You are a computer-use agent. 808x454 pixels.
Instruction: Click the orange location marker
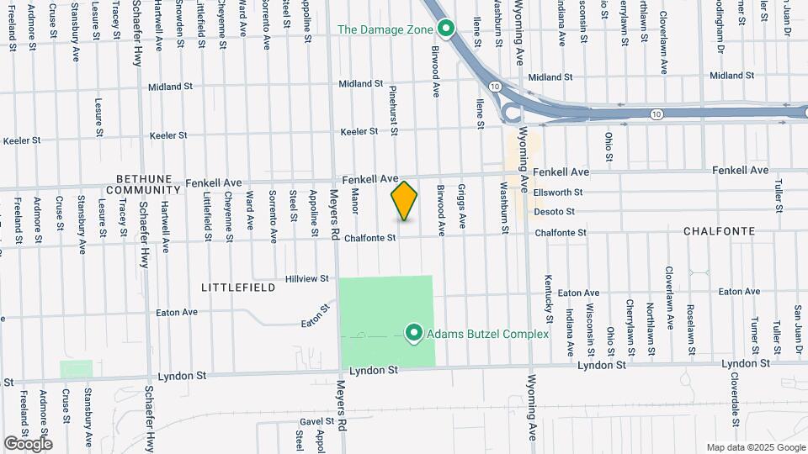tap(404, 201)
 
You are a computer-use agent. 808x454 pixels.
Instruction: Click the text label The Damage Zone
tap(385, 29)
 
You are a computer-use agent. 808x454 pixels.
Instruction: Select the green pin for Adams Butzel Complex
tap(414, 334)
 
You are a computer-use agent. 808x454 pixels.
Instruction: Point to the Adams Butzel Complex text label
tap(487, 334)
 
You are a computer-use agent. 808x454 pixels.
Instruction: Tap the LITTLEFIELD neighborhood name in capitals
tap(238, 288)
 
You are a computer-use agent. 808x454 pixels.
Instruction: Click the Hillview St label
tap(307, 278)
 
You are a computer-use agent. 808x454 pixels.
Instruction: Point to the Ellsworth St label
tap(559, 193)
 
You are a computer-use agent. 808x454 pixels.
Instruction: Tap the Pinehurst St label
tap(393, 108)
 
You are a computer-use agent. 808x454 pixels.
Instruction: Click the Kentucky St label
tap(548, 298)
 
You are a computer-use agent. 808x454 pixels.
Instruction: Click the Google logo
tap(28, 443)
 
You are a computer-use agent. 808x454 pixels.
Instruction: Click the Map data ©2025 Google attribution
tap(755, 447)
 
